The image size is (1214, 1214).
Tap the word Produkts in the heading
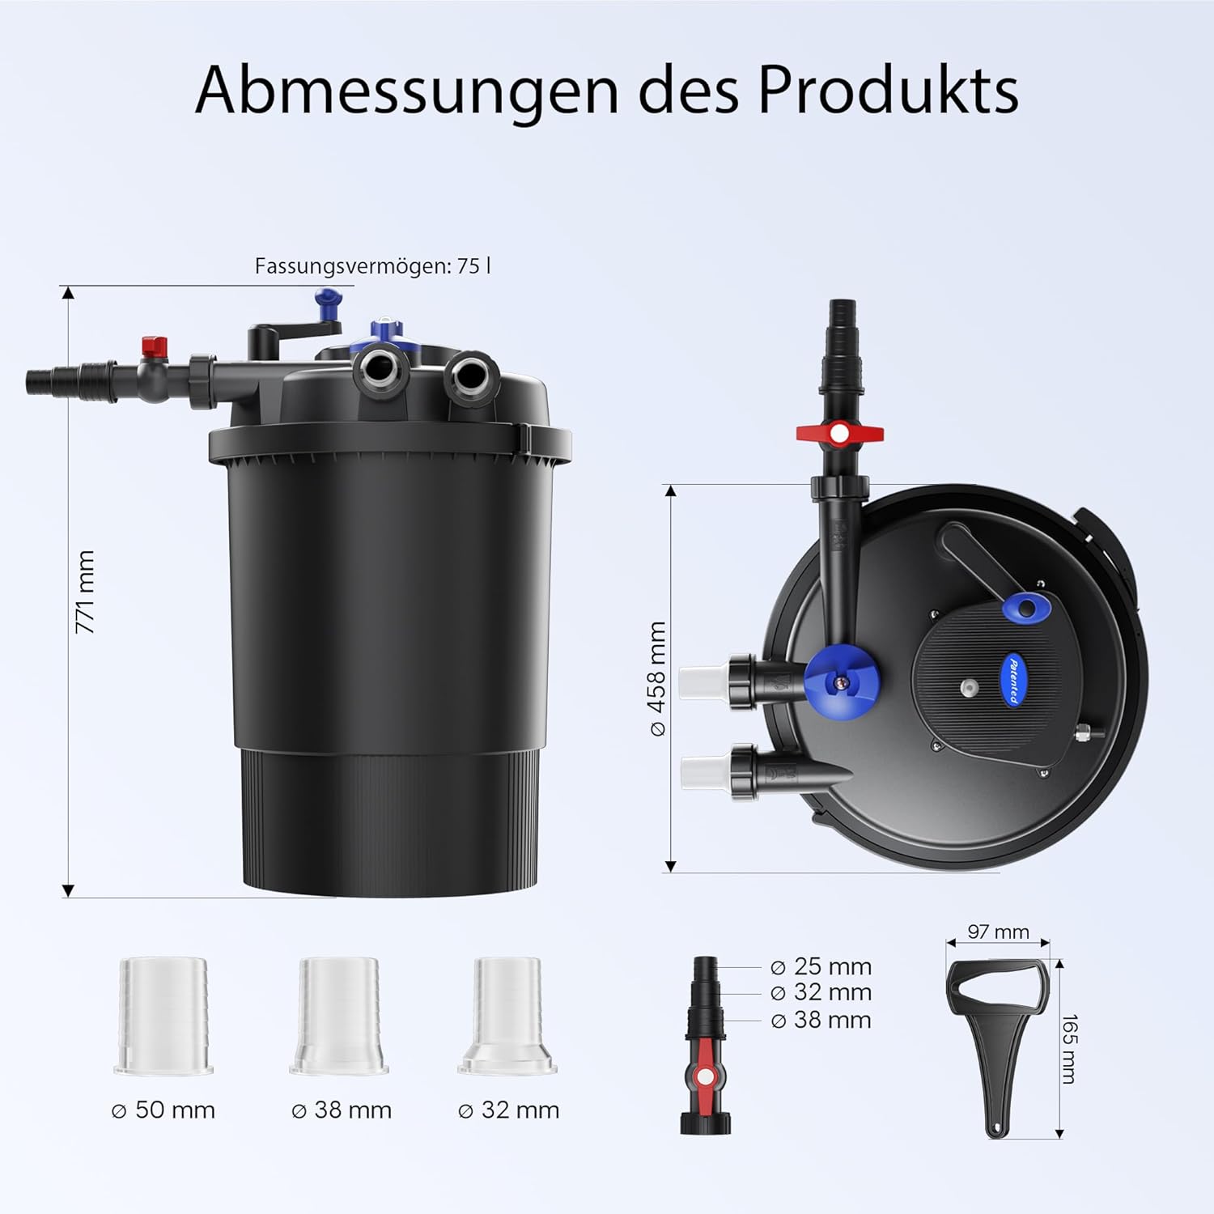click(887, 89)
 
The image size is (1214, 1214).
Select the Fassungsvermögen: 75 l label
click(372, 266)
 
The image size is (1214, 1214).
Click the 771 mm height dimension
click(85, 592)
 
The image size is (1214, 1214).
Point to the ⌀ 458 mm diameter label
click(657, 678)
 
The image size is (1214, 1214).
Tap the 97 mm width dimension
click(998, 932)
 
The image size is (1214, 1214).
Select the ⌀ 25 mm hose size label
click(821, 966)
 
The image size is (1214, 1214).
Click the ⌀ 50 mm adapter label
click(163, 1110)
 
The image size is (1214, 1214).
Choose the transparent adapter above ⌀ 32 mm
click(507, 1017)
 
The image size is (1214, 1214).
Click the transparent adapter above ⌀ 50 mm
click(163, 1017)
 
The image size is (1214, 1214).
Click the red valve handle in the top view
click(839, 433)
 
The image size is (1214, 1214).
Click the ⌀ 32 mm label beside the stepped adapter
click(821, 992)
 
